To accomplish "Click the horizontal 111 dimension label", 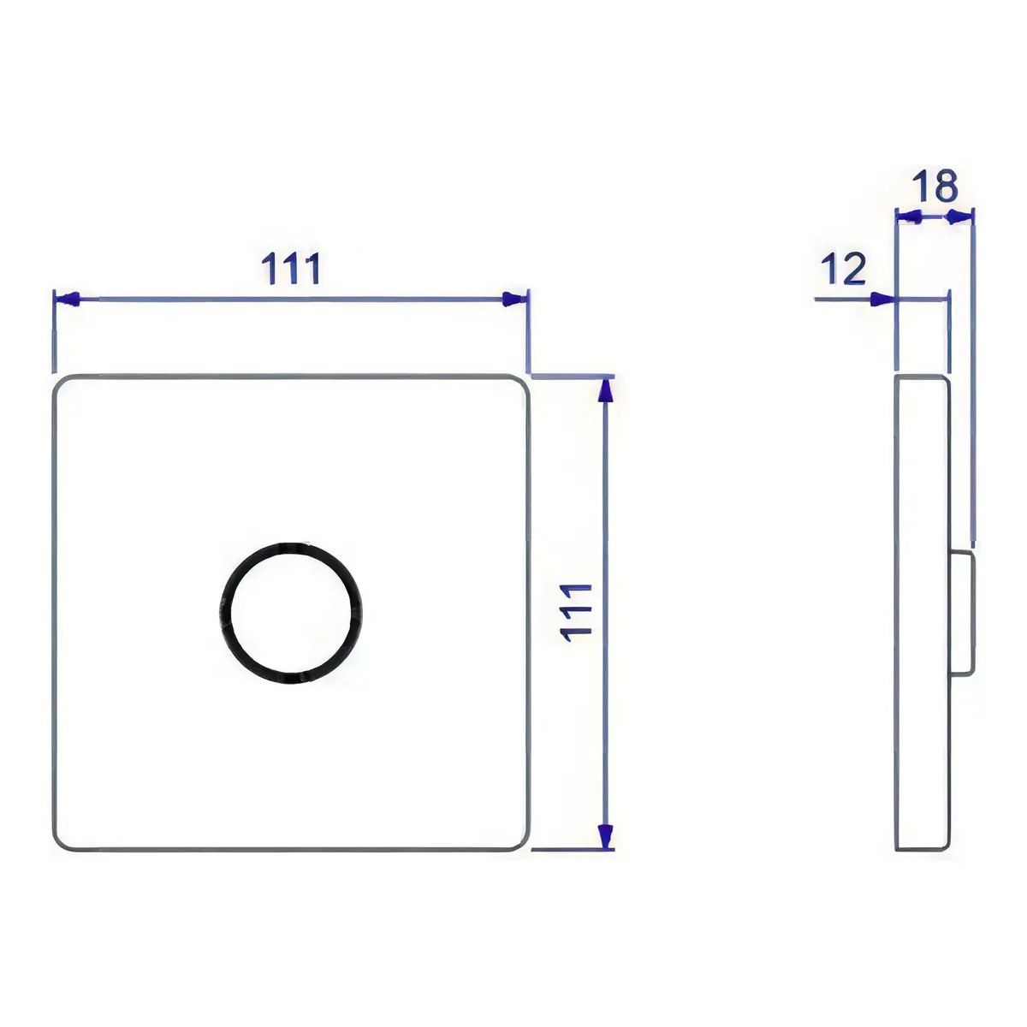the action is point(292,268).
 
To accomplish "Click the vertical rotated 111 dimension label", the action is point(577,613).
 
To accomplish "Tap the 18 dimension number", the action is point(935,186).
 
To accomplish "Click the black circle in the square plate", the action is point(290,544).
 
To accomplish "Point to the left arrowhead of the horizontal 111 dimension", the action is point(68,300).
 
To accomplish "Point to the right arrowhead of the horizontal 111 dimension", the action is point(514,300).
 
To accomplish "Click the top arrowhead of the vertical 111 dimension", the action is point(604,393).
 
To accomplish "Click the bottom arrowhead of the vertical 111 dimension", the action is point(604,836).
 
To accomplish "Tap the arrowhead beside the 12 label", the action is point(882,300).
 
